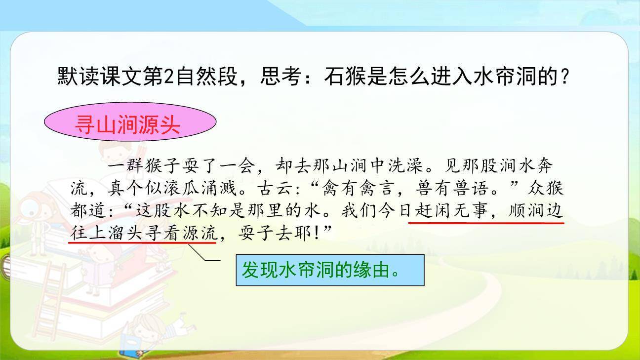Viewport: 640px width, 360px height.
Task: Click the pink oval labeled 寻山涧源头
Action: [130, 124]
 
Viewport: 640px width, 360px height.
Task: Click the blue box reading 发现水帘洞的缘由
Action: [330, 270]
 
